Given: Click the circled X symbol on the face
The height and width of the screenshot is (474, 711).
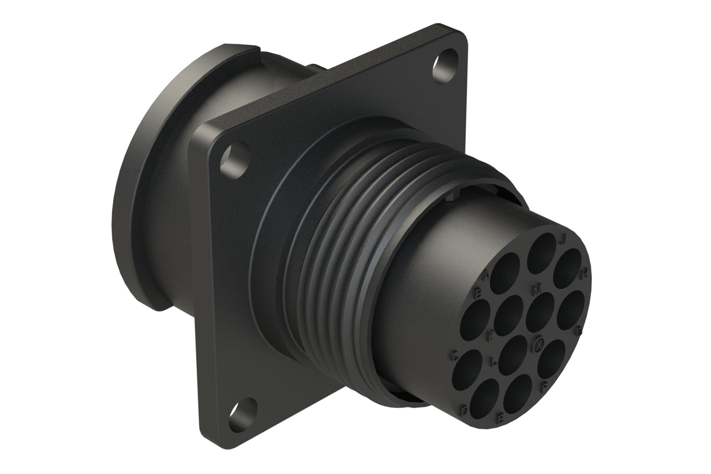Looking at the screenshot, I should (x=539, y=345).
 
